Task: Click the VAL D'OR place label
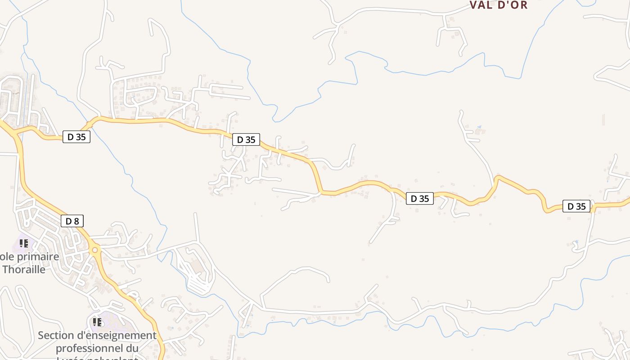tap(498, 5)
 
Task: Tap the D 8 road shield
tap(72, 221)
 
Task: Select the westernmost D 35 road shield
tap(76, 137)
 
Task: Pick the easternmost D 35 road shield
tap(576, 206)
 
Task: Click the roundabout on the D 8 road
tap(94, 250)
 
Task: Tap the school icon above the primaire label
tap(24, 243)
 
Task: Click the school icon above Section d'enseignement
tap(97, 322)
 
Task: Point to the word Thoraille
tap(24, 270)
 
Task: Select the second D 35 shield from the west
tap(246, 139)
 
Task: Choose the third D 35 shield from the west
tap(420, 198)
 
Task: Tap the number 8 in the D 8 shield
tap(76, 221)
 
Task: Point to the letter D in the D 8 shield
tap(68, 221)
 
